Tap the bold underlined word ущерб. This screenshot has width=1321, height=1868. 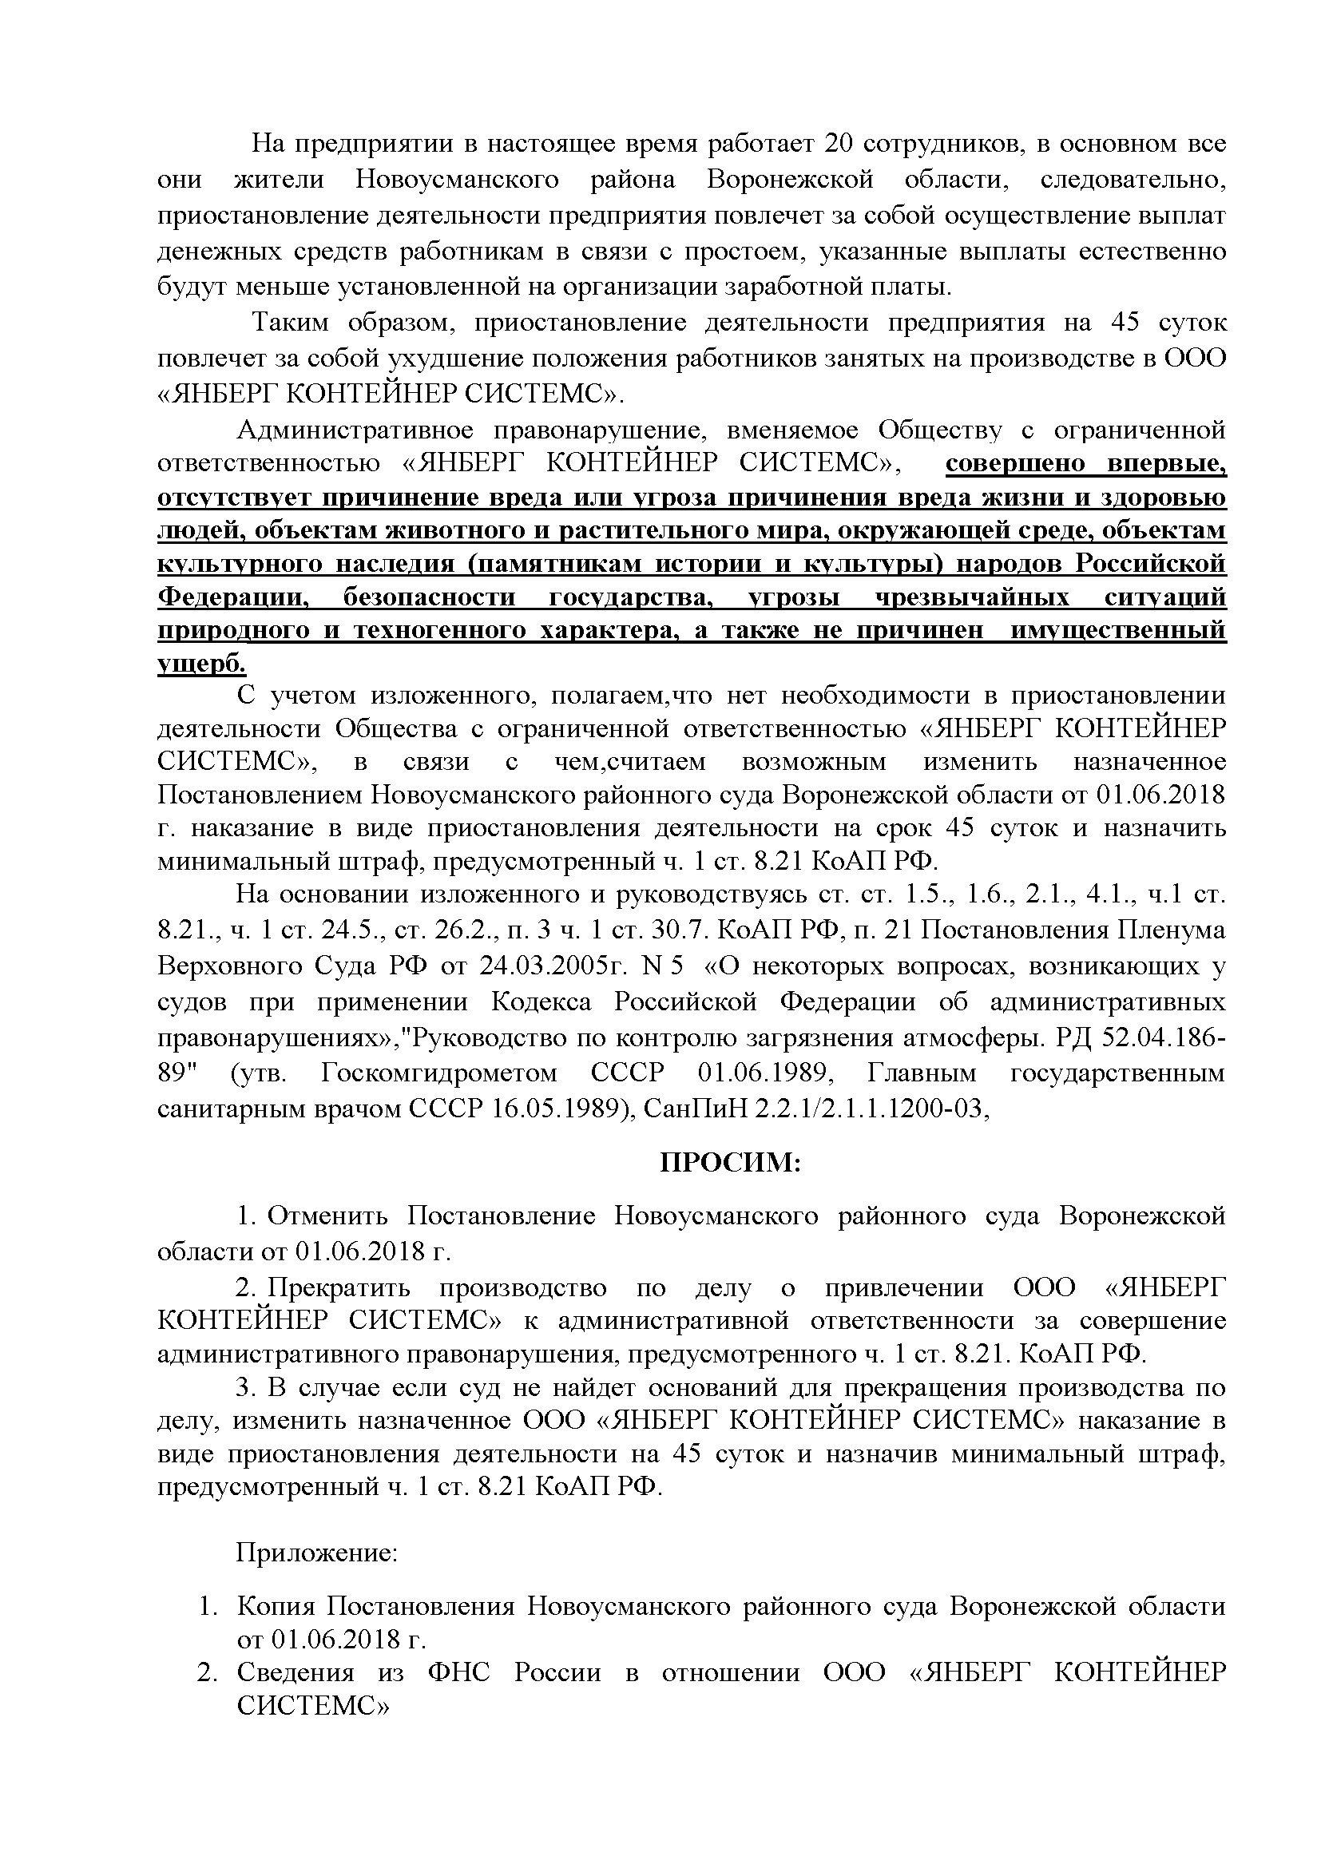[201, 664]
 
